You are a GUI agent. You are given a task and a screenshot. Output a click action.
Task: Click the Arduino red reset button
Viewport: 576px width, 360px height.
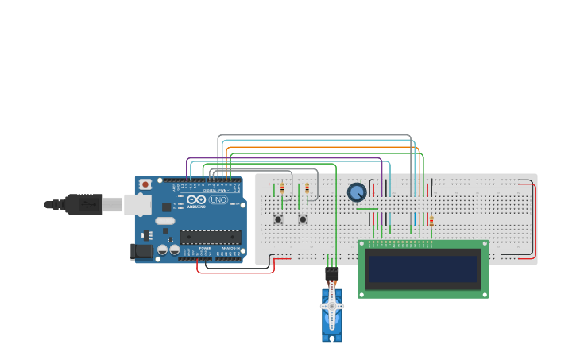[x=145, y=184]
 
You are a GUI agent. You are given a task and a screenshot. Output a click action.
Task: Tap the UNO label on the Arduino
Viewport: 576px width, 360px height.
[x=218, y=200]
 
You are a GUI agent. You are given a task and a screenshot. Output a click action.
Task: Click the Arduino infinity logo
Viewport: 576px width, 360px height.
[x=196, y=199]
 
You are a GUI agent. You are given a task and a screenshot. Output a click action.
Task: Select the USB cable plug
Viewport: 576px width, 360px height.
[x=83, y=204]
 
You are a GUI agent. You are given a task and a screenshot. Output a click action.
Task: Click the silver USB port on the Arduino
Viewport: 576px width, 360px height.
[x=137, y=204]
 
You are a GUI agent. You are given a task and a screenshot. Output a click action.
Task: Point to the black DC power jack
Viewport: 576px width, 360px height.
[x=141, y=251]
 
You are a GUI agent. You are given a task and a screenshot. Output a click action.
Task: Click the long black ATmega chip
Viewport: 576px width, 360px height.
[x=211, y=236]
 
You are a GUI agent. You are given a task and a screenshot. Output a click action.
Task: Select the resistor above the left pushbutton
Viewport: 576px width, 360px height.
[x=282, y=189]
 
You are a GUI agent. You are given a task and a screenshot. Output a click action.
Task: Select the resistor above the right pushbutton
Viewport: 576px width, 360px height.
[x=307, y=189]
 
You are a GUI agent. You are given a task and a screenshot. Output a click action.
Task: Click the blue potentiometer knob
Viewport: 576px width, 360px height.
[x=357, y=192]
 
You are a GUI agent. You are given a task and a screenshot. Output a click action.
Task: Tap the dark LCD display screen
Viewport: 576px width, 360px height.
[x=423, y=269]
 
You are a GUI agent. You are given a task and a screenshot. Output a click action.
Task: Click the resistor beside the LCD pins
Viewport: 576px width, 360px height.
[x=431, y=221]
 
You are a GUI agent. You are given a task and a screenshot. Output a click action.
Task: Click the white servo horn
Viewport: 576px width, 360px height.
[x=332, y=306]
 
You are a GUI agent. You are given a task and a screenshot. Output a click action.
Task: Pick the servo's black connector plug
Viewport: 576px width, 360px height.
[x=332, y=273]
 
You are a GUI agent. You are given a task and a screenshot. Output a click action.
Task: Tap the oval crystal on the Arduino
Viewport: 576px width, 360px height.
[x=164, y=221]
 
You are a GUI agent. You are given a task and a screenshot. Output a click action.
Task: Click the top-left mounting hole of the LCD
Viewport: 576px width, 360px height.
[x=363, y=245]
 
